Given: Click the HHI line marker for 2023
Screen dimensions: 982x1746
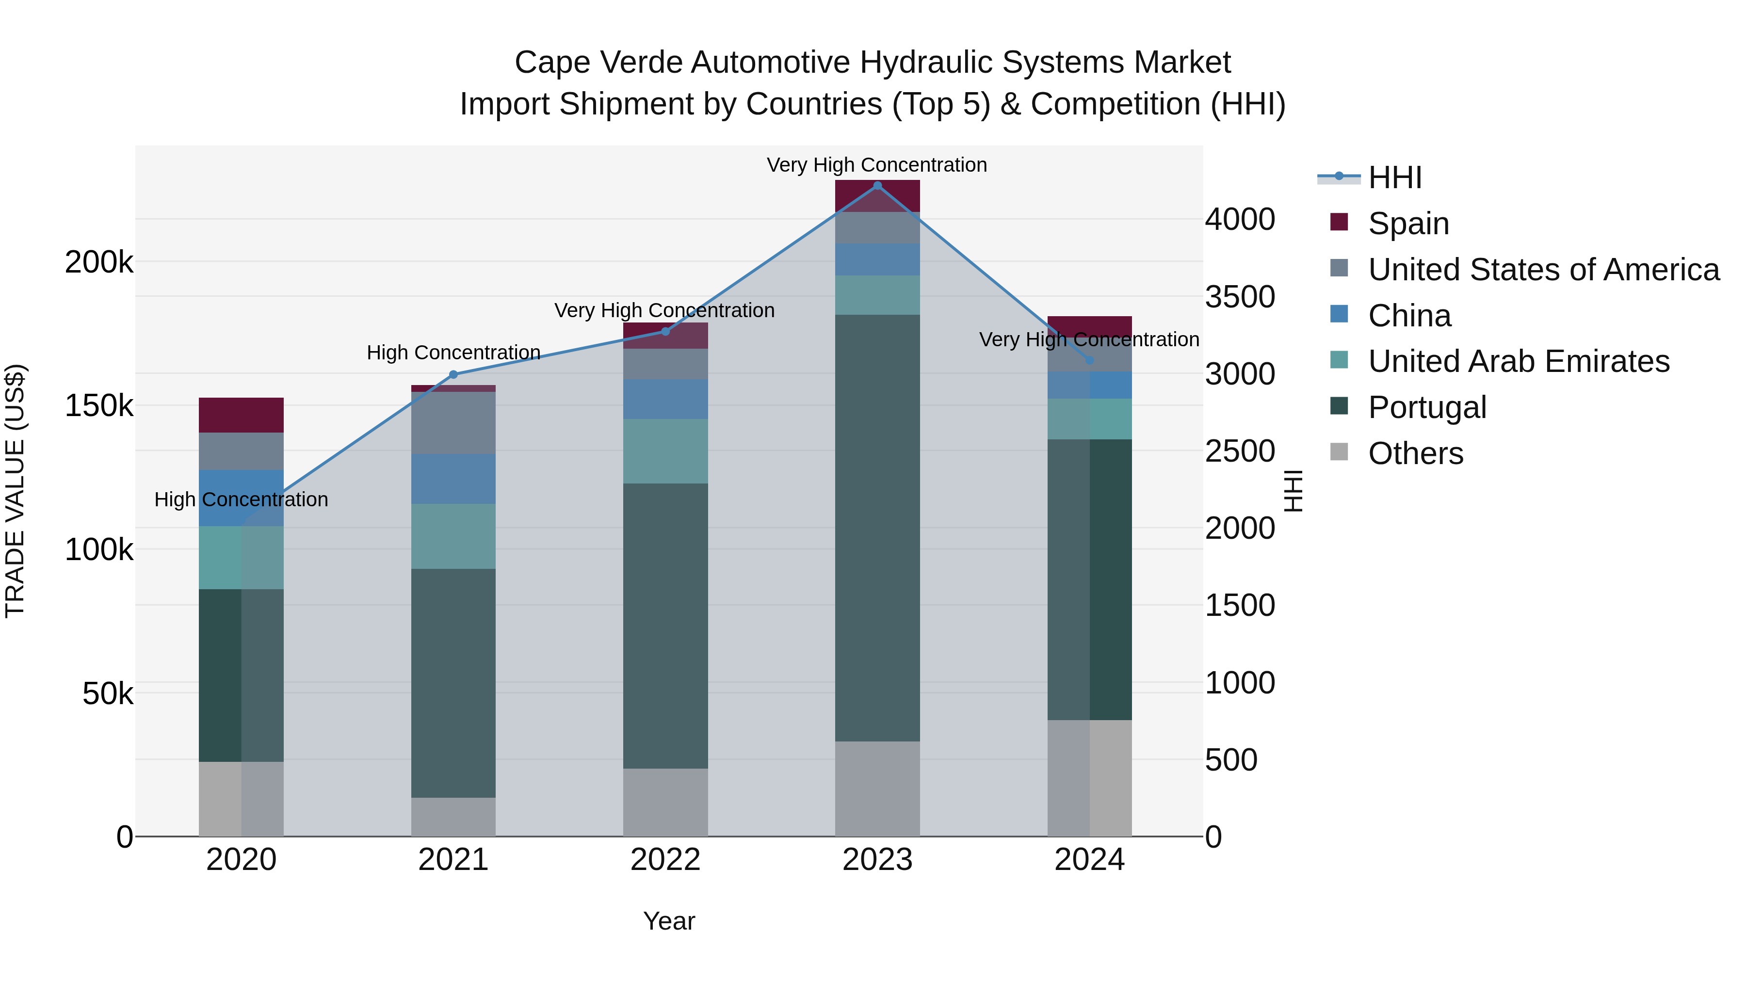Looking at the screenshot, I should [x=877, y=186].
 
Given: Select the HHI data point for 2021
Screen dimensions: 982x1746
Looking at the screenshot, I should [x=453, y=375].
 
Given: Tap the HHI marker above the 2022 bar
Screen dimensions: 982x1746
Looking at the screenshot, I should [x=665, y=331].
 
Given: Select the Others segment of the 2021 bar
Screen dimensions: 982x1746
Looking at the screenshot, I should [x=453, y=817].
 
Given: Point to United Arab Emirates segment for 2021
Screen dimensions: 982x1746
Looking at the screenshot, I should [x=453, y=536].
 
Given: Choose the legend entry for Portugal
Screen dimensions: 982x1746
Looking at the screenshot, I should [x=1427, y=408].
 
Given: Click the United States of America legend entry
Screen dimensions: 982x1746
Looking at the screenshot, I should [x=1543, y=270].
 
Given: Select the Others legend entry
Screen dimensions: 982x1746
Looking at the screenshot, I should [x=1415, y=453].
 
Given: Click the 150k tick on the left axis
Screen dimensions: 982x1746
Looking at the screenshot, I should [x=99, y=406].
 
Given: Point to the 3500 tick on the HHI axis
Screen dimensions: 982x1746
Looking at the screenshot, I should [x=1240, y=297].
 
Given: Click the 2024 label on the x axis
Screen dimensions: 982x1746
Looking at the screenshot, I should [x=1089, y=860].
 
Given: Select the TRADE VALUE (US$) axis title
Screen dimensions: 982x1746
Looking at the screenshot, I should [x=15, y=491].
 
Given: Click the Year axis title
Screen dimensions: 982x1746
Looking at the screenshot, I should [x=669, y=921].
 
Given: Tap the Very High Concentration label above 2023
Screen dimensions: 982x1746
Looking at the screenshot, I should [x=876, y=165].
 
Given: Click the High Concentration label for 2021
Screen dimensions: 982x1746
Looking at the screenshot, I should [x=453, y=353].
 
